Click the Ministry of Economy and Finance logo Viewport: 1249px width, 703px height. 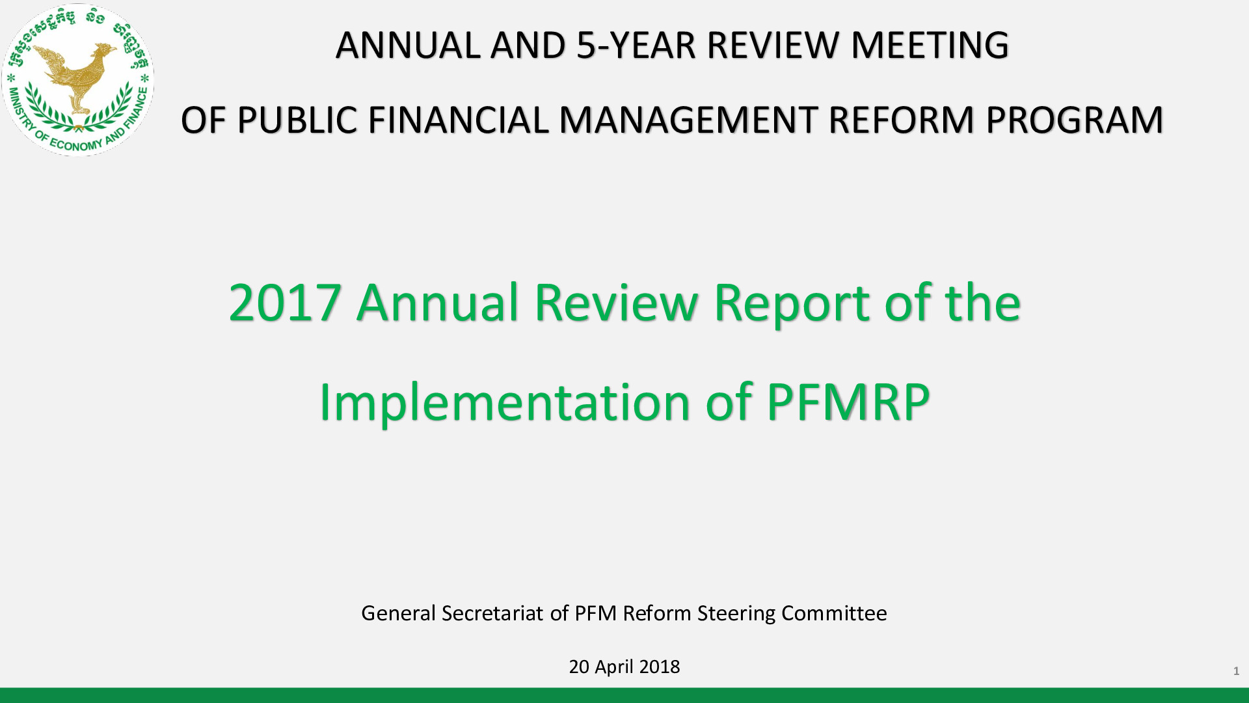(78, 79)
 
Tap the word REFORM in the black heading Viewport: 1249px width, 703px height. (901, 120)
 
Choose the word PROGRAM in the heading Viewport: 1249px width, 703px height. (1074, 120)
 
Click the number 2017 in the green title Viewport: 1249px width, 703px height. (285, 303)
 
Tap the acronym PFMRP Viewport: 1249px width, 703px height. (848, 402)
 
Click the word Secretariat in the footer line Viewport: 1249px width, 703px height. (492, 613)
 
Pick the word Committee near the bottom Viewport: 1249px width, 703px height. (834, 613)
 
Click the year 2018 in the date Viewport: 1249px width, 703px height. (659, 667)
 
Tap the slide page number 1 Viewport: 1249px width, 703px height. (1236, 671)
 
